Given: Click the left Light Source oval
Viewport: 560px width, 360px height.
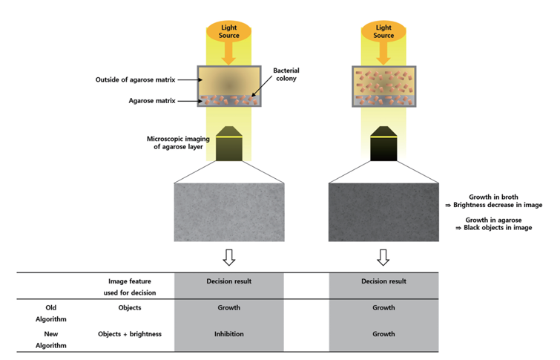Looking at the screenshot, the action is pyautogui.click(x=229, y=31).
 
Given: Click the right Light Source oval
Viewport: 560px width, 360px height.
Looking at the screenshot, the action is pyautogui.click(x=383, y=31).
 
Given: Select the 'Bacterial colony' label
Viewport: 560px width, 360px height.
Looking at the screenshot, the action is pyautogui.click(x=286, y=74).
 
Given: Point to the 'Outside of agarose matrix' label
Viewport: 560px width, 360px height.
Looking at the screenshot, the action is pyautogui.click(x=135, y=79).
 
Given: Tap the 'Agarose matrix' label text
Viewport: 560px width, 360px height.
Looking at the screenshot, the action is pyautogui.click(x=152, y=101).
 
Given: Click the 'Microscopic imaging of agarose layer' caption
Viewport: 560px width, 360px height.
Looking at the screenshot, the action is pyautogui.click(x=178, y=143).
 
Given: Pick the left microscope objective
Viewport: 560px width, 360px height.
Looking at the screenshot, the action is pyautogui.click(x=229, y=143).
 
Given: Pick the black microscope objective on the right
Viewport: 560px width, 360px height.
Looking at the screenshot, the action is pyautogui.click(x=383, y=143).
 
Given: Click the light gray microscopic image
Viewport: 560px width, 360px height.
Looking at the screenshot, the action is pyautogui.click(x=229, y=212).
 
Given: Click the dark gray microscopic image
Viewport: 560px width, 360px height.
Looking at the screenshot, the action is pyautogui.click(x=383, y=212).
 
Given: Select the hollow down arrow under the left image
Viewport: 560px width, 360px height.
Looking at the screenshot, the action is pyautogui.click(x=229, y=258).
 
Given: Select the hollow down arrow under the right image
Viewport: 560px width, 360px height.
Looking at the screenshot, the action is pyautogui.click(x=383, y=258).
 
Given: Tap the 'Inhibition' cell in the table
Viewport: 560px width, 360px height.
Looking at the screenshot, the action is pyautogui.click(x=229, y=334).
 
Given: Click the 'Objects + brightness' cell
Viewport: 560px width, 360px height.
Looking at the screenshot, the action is pyautogui.click(x=130, y=334).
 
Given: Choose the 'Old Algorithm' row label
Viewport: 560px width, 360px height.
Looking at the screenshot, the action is pyautogui.click(x=50, y=313).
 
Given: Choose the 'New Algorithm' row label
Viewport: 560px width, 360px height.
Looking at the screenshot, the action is pyautogui.click(x=50, y=340).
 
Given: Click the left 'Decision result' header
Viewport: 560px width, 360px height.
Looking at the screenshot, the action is pyautogui.click(x=229, y=281).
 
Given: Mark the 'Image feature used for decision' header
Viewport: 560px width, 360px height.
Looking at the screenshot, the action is pyautogui.click(x=130, y=287).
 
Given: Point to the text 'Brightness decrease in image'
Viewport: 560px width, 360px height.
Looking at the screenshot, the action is pyautogui.click(x=498, y=205).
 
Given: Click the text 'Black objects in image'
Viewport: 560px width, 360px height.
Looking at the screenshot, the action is pyautogui.click(x=498, y=228).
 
